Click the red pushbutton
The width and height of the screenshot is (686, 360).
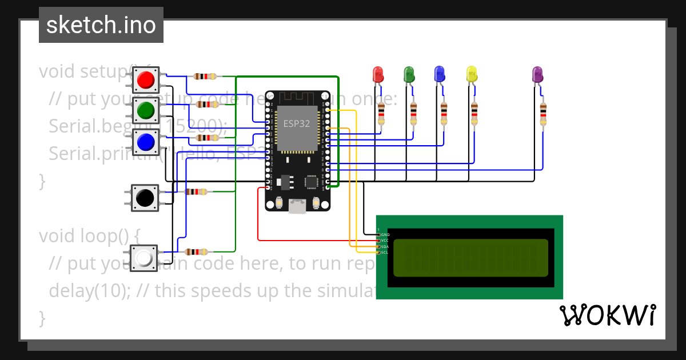pyautogui.click(x=146, y=79)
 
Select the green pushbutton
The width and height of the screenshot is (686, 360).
pyautogui.click(x=146, y=109)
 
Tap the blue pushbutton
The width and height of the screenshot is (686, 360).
pyautogui.click(x=146, y=141)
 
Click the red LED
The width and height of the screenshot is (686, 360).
pyautogui.click(x=378, y=74)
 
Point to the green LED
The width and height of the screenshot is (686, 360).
pyautogui.click(x=409, y=74)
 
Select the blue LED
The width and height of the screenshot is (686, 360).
pyautogui.click(x=440, y=74)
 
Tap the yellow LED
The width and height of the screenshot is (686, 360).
pyautogui.click(x=472, y=74)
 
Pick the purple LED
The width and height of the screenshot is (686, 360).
pyautogui.click(x=537, y=74)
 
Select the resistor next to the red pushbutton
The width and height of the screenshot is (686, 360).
pyautogui.click(x=205, y=76)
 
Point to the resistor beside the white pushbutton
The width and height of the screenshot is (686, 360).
pyautogui.click(x=197, y=251)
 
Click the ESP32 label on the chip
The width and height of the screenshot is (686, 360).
pyautogui.click(x=297, y=123)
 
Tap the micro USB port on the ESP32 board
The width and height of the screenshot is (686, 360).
pyautogui.click(x=297, y=206)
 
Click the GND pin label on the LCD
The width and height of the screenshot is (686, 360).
pyautogui.click(x=385, y=234)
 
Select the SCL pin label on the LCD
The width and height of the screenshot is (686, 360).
pyautogui.click(x=385, y=252)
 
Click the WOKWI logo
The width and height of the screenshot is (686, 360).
pyautogui.click(x=607, y=315)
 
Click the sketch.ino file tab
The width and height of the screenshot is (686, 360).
pyautogui.click(x=101, y=25)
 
